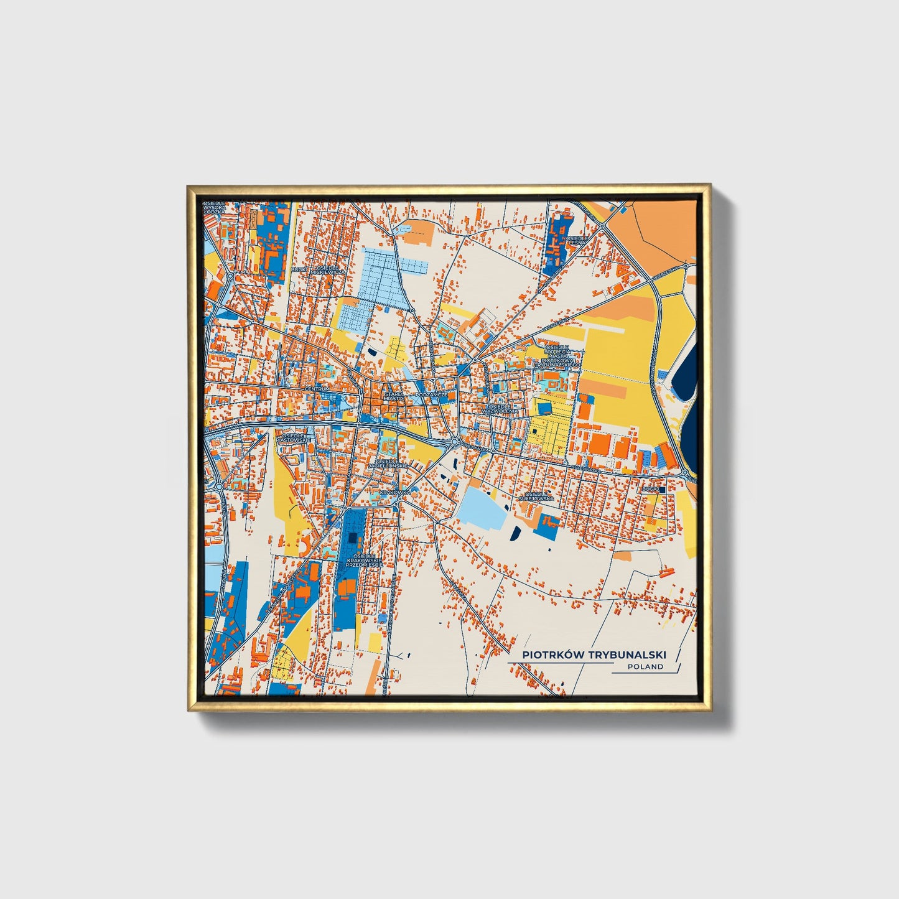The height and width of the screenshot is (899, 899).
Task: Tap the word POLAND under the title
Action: click(x=645, y=666)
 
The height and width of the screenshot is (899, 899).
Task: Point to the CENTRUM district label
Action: click(x=317, y=389)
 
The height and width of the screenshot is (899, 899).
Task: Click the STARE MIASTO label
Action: click(x=394, y=396)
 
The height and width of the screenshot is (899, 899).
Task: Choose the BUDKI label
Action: click(x=299, y=270)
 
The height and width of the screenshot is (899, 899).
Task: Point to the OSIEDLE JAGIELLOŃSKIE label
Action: click(x=388, y=462)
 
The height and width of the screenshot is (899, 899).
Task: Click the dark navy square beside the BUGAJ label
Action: click(x=662, y=490)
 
